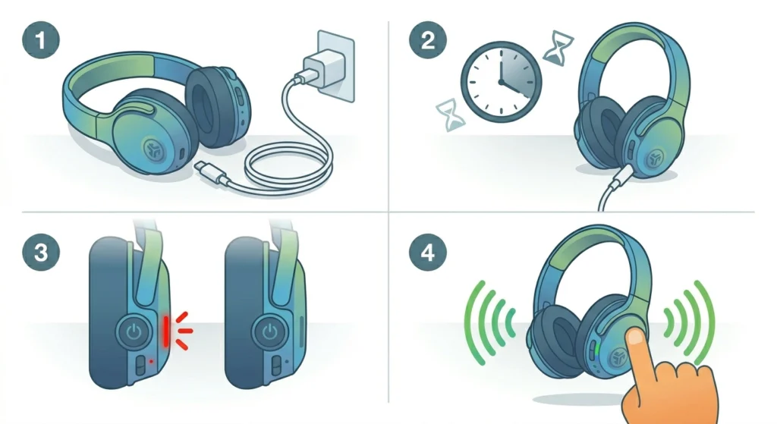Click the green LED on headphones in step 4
click(598, 349)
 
